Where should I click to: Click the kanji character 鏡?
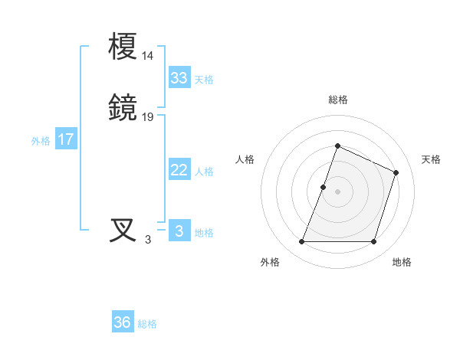(x=123, y=109)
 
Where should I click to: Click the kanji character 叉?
(x=123, y=230)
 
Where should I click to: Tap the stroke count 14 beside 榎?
(x=148, y=56)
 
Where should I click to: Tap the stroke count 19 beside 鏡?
(x=148, y=117)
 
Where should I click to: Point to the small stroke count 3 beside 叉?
(x=148, y=239)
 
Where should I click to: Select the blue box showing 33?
(x=179, y=77)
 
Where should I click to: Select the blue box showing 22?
(x=179, y=170)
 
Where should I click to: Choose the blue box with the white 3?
(x=179, y=231)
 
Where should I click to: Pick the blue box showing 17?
(x=66, y=139)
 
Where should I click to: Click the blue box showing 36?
(x=123, y=322)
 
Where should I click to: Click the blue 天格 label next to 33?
(x=204, y=79)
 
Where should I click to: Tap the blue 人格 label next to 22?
(x=204, y=172)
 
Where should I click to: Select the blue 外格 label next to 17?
(x=41, y=141)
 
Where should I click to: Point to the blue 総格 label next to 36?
(x=147, y=324)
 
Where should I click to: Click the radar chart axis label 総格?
(x=337, y=100)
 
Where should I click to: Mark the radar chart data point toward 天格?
(x=396, y=172)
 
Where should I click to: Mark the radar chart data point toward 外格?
(x=301, y=242)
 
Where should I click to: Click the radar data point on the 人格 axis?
(x=324, y=187)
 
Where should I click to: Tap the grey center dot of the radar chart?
(x=337, y=191)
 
